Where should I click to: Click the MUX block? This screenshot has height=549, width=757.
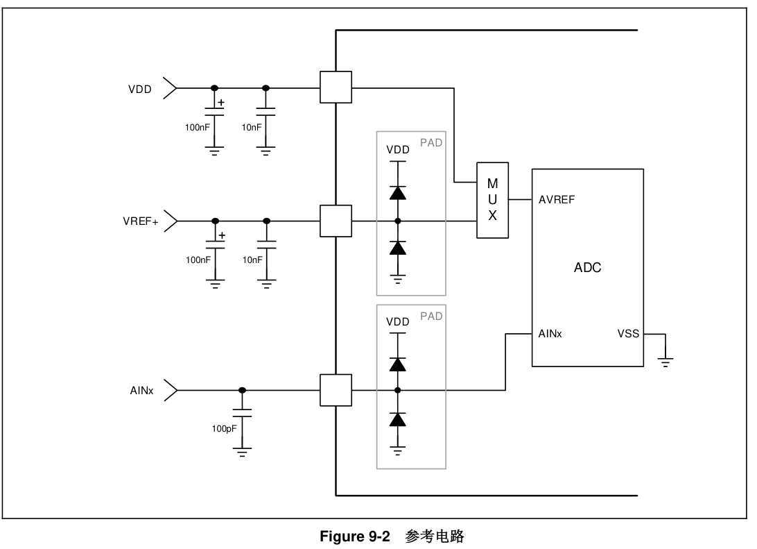(x=492, y=200)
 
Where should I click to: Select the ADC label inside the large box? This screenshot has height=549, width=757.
(x=587, y=268)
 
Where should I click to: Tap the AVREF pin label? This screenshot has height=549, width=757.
(x=557, y=200)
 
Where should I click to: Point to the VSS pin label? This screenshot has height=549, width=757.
(x=628, y=334)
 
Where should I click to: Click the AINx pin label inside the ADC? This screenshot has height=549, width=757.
(x=550, y=334)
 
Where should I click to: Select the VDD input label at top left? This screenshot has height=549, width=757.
(x=139, y=89)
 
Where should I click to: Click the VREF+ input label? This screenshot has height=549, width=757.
(x=140, y=221)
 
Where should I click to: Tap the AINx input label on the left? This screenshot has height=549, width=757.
(x=141, y=391)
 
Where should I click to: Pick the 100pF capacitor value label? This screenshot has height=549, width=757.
(x=224, y=429)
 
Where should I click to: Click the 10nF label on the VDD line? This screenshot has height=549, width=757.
(x=252, y=127)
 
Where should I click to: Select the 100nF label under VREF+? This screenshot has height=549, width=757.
(x=198, y=260)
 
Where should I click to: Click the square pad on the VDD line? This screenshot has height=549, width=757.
(x=336, y=87)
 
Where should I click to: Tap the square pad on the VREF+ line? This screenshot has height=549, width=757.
(x=336, y=221)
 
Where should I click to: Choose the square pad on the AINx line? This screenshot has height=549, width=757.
(x=336, y=390)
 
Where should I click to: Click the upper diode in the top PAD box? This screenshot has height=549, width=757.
(x=397, y=192)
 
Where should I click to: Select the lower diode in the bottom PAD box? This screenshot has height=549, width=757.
(x=397, y=419)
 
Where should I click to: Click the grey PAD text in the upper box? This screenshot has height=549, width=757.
(x=431, y=143)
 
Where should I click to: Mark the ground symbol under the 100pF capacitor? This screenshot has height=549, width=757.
(x=242, y=453)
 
